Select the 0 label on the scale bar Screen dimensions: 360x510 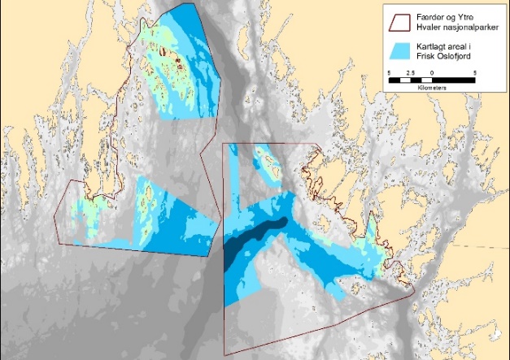(x=431, y=74)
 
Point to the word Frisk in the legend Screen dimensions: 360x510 (x=428, y=55)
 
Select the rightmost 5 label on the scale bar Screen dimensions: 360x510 (x=474, y=74)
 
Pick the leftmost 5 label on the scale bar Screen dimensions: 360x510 (x=389, y=74)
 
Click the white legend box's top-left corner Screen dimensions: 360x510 (x=383, y=3)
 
